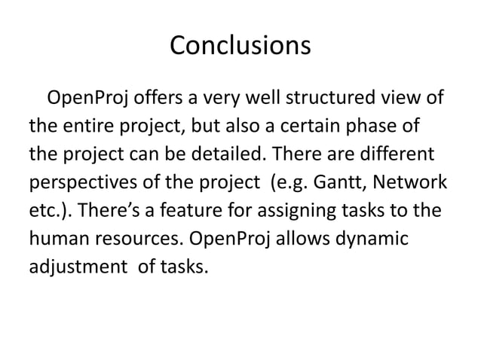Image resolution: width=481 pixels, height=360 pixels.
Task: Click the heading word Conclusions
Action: coord(240,45)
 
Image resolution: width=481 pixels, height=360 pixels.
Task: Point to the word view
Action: coord(406,99)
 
